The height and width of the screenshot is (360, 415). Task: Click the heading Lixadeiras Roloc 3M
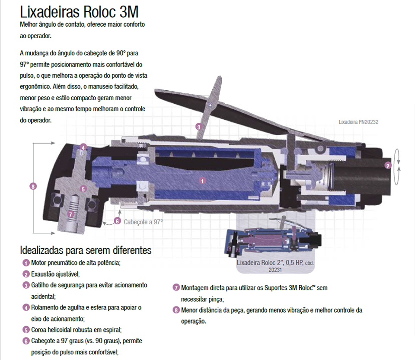pos(80,11)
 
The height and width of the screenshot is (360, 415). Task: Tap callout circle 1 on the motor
pos(202,181)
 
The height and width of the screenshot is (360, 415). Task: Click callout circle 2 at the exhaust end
pos(388,165)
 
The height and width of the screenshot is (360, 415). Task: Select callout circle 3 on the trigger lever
pos(198,127)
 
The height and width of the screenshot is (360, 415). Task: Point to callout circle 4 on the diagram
pos(83,147)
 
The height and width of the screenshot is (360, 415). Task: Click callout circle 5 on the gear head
pos(83,189)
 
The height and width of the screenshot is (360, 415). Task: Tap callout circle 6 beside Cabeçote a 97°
pos(117,221)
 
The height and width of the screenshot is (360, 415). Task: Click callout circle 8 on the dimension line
pos(33,187)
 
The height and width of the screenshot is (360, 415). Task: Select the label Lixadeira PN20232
pos(358,122)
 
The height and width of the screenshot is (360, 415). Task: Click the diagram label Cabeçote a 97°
pos(143,222)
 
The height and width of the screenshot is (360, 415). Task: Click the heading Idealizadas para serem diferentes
pos(86,250)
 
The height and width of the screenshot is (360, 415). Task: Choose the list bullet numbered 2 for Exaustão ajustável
pos(26,274)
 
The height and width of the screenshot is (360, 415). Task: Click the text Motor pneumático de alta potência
pos(75,263)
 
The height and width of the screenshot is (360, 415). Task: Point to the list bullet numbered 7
pos(176,287)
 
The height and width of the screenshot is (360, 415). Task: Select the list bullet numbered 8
pos(176,310)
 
